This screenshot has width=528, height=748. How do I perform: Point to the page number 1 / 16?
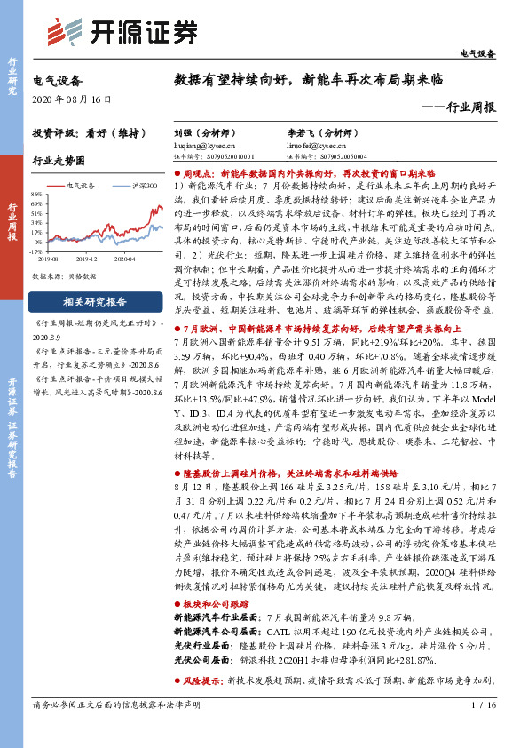click(x=480, y=728)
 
